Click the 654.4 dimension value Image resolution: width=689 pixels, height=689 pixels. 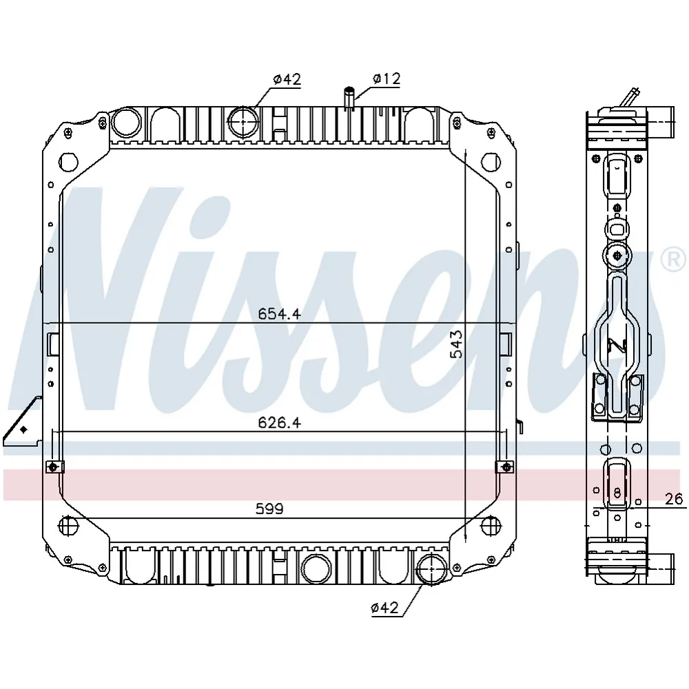279,313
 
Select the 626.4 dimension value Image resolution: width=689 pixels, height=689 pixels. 279,423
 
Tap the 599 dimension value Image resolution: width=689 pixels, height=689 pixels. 269,509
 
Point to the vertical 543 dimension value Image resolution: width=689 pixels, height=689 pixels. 457,345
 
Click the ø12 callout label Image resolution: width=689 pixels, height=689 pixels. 387,79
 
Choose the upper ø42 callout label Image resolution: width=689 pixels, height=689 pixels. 287,79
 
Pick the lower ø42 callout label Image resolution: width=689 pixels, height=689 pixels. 384,608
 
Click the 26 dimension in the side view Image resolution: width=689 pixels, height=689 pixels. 674,499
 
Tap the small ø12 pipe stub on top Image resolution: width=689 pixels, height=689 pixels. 349,98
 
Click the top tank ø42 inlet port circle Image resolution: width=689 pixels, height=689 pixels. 243,121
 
